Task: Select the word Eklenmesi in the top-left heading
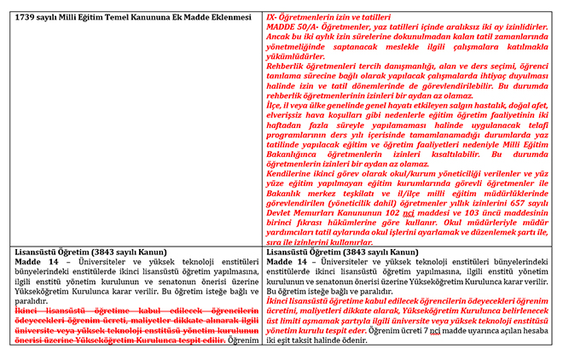tap(229, 17)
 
